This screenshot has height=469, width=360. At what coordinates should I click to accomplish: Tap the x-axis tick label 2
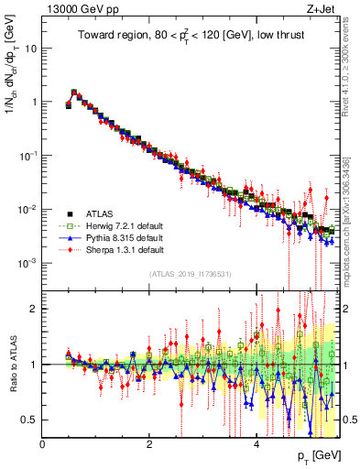pos(149,444)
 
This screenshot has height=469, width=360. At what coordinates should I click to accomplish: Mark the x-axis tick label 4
pos(256,444)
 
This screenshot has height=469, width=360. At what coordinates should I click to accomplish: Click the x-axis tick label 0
pos(42,444)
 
